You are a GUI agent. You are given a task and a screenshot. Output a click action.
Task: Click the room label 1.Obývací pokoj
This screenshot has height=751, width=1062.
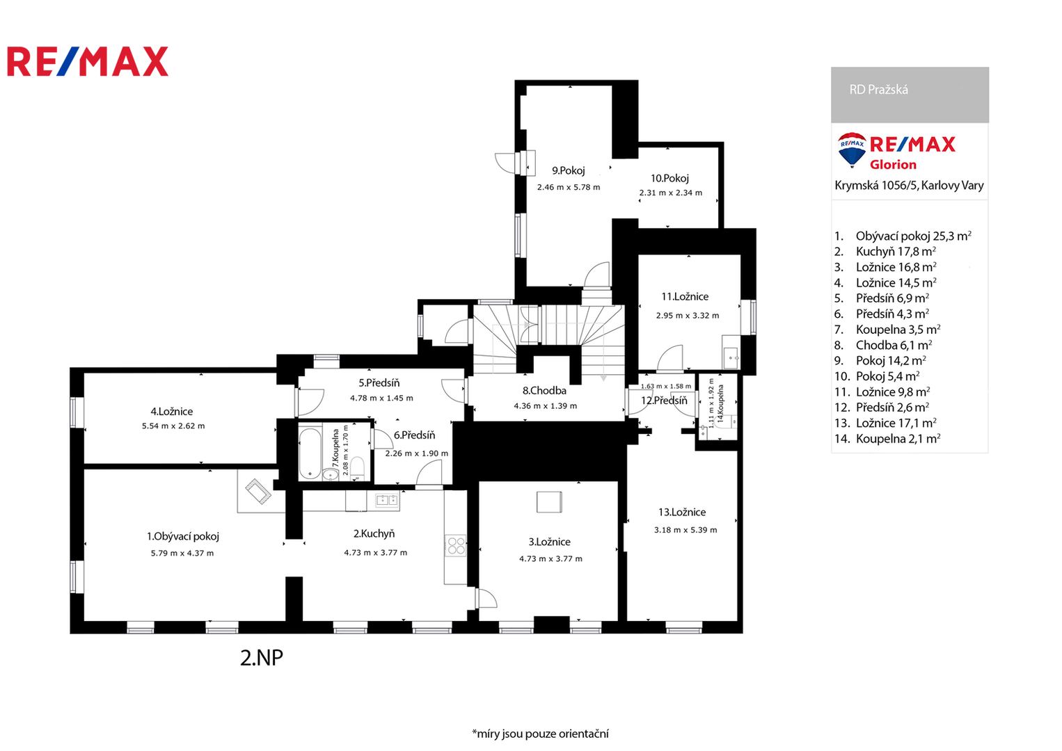point(182,536)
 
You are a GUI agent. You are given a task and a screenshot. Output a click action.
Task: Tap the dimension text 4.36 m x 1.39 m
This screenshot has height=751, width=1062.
point(545,406)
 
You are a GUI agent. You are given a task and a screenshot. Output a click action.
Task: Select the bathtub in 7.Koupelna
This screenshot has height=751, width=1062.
point(310,454)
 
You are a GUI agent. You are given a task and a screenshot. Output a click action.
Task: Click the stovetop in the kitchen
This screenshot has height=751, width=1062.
point(456,545)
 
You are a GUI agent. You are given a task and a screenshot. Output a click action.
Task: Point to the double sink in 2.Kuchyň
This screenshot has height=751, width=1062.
point(387,499)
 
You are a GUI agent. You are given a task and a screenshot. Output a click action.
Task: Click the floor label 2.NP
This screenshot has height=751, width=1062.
point(261,658)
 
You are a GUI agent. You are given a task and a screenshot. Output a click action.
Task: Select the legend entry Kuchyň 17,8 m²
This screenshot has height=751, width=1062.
point(896,251)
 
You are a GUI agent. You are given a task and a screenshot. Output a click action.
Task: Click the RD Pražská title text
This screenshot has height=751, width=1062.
point(878,90)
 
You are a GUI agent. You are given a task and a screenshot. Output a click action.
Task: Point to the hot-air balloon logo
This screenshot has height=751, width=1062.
point(852,150)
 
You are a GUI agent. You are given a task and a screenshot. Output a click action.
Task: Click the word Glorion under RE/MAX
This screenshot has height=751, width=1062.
point(893,164)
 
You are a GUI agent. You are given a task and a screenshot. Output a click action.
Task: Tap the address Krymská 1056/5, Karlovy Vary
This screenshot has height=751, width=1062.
point(909,185)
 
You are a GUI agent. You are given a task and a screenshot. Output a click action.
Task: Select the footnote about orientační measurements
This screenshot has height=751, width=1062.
point(540,734)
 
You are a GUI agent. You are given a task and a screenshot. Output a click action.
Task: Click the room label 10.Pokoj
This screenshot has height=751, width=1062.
point(669,178)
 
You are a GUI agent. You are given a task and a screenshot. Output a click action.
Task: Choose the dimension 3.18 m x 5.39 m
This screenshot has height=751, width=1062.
point(685,530)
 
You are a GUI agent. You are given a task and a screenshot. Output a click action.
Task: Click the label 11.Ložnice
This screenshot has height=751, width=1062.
point(685,297)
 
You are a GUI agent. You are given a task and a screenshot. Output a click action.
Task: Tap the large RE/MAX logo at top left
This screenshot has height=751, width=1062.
point(88,61)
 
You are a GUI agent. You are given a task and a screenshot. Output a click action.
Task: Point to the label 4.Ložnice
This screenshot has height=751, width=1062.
point(172,411)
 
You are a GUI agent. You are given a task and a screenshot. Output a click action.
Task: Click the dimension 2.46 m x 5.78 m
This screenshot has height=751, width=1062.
point(569,187)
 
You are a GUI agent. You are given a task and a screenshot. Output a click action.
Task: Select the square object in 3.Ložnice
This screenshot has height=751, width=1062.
point(549,502)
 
